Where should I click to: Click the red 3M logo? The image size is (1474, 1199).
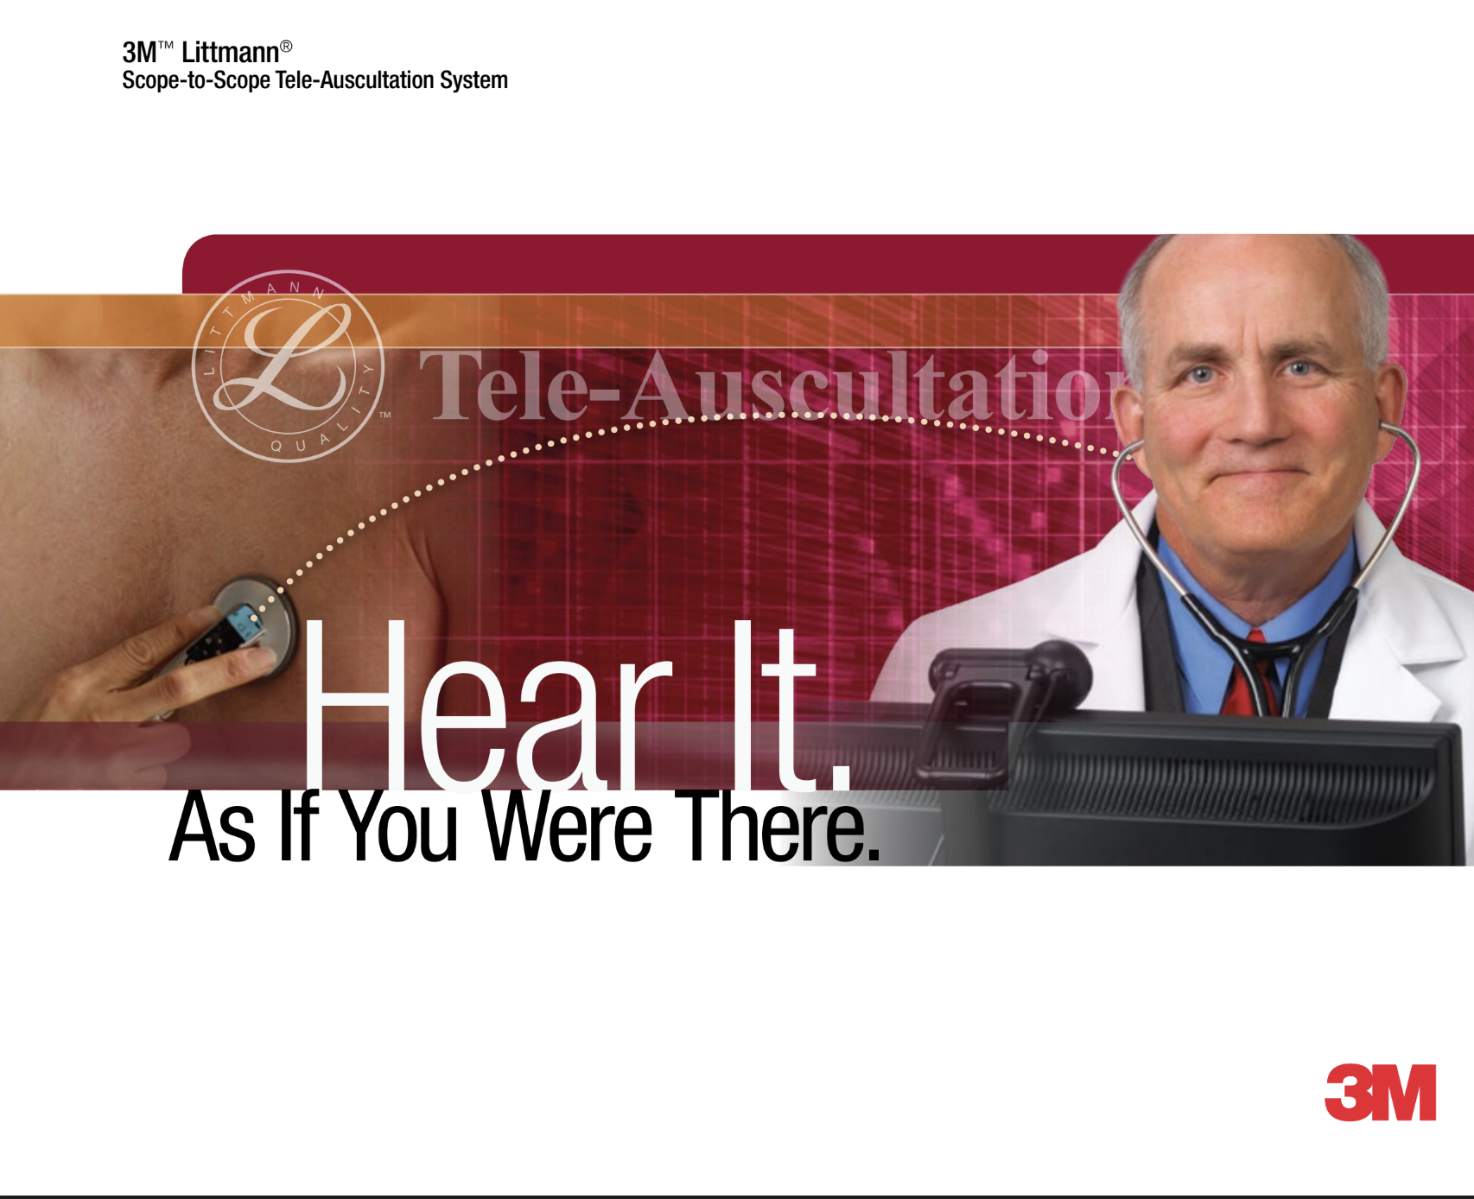[1380, 1092]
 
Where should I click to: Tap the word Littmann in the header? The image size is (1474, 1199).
[230, 53]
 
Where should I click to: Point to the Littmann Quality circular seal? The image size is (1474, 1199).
[288, 366]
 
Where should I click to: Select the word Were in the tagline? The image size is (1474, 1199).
[567, 828]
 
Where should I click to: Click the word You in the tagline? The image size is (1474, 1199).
[398, 828]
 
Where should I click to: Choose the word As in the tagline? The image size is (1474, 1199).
[213, 828]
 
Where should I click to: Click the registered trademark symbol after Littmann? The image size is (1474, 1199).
[287, 47]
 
